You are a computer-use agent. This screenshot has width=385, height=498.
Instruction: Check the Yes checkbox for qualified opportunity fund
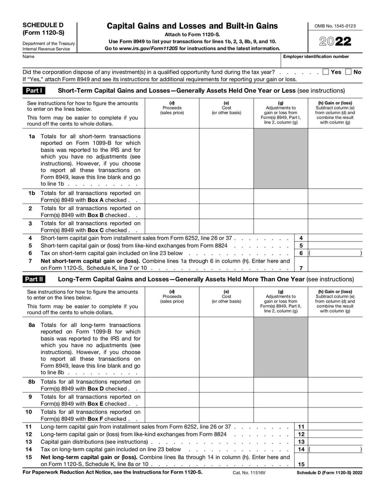pyautogui.click(x=326, y=72)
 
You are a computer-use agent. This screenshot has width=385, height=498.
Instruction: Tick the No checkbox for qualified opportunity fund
pyautogui.click(x=348, y=72)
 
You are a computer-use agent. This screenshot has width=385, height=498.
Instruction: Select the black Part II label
pyautogui.click(x=34, y=279)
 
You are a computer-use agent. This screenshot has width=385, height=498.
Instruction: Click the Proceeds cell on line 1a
pyautogui.click(x=172, y=159)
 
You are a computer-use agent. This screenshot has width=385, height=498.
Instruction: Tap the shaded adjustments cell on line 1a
pyautogui.click(x=281, y=159)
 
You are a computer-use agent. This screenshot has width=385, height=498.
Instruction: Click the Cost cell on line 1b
pyautogui.click(x=226, y=196)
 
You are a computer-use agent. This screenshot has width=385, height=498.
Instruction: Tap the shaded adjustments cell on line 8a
pyautogui.click(x=281, y=348)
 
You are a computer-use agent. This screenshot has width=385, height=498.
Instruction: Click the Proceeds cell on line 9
pyautogui.click(x=172, y=400)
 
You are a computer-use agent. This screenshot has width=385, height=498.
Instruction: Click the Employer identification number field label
pyautogui.click(x=316, y=57)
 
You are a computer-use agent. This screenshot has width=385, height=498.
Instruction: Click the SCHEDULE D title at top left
pyautogui.click(x=42, y=25)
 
